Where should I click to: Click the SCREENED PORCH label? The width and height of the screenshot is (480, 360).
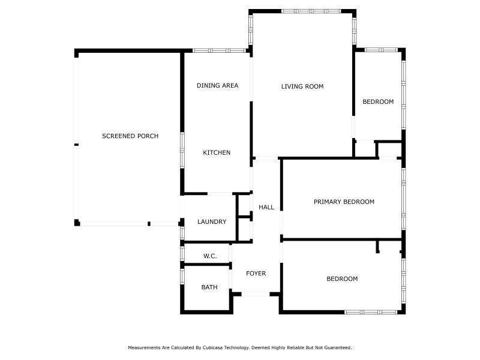(130, 136)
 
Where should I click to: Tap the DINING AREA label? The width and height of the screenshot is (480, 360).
(217, 85)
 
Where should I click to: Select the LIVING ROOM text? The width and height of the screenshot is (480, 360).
(302, 86)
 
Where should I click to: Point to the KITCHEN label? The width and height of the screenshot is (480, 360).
(217, 152)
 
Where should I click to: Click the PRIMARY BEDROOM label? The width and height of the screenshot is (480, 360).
(344, 202)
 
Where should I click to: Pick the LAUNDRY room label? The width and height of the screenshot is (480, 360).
(212, 221)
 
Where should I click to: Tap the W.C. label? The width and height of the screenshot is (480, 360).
(210, 256)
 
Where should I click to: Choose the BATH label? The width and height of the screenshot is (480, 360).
(209, 287)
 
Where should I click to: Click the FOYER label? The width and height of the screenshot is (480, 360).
(256, 274)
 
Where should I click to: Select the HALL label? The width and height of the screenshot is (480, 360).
(266, 207)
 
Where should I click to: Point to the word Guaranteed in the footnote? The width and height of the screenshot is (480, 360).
(338, 348)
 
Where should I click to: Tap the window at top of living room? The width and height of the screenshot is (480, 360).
(311, 11)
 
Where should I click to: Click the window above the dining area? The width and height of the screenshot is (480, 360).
(219, 50)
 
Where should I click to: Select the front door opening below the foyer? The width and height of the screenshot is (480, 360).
(256, 294)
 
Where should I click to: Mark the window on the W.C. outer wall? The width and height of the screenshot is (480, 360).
(182, 254)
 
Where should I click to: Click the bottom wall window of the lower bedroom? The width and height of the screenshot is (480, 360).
(371, 312)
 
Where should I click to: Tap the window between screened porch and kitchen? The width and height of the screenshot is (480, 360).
(182, 150)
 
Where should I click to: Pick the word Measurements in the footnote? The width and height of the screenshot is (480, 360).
(144, 348)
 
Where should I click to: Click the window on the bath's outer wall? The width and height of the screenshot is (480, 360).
(182, 276)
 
